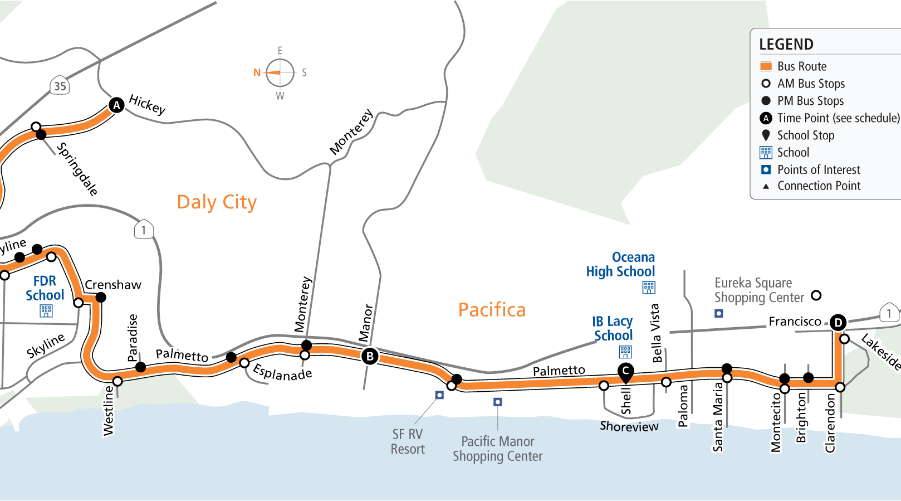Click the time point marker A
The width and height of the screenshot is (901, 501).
click(x=116, y=105)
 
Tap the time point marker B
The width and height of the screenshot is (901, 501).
click(x=370, y=356)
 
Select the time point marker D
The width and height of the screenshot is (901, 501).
click(x=838, y=322)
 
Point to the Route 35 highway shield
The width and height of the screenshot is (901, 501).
click(x=60, y=86)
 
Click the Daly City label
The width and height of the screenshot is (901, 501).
click(x=217, y=202)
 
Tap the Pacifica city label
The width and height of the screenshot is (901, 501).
click(x=492, y=310)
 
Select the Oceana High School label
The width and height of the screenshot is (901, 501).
click(x=620, y=265)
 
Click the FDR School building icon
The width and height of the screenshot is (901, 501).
click(x=46, y=310)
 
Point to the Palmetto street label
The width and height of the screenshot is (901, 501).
click(x=182, y=355)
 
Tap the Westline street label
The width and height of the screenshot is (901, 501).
click(x=109, y=411)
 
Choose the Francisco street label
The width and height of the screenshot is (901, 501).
click(x=795, y=322)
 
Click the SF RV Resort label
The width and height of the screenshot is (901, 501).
click(x=408, y=441)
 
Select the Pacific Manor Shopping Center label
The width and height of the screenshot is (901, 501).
click(x=497, y=449)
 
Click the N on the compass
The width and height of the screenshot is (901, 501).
click(x=257, y=72)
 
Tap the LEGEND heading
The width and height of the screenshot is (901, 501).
click(x=786, y=45)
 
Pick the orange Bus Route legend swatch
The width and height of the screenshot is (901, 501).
click(x=766, y=66)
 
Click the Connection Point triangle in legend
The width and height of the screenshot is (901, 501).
click(x=766, y=186)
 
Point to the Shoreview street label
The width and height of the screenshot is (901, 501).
click(x=629, y=426)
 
